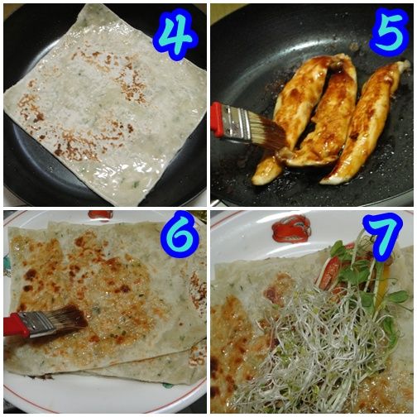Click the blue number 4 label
pyautogui.click(x=176, y=34)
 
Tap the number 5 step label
pyautogui.click(x=390, y=31)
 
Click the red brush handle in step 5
pyautogui.click(x=216, y=119)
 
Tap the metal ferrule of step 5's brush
pyautogui.click(x=237, y=123)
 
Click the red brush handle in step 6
pyautogui.click(x=16, y=326)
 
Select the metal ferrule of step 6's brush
pyautogui.click(x=41, y=324)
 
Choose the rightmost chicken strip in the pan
pyautogui.click(x=367, y=122)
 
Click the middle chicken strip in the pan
pyautogui.click(x=328, y=116)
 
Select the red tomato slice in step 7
pyautogui.click(x=329, y=273)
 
